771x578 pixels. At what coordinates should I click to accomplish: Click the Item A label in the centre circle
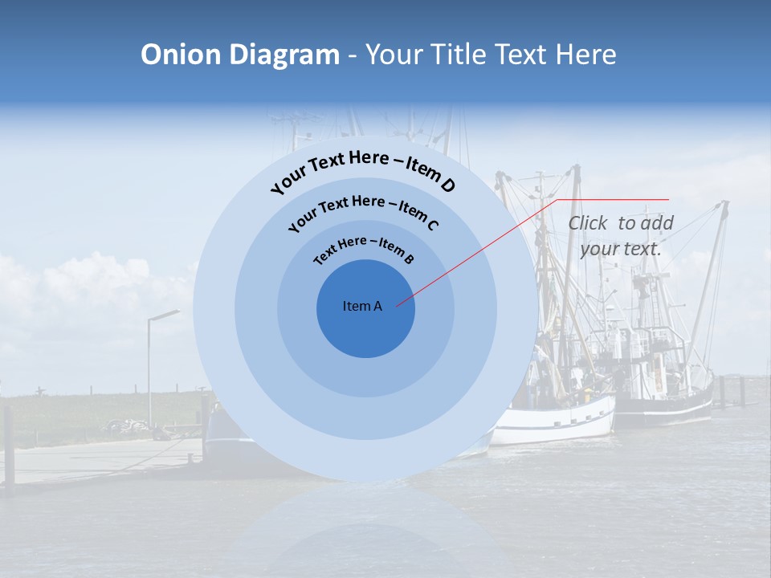[x=362, y=306]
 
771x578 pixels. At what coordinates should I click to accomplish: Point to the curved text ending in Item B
[x=364, y=249]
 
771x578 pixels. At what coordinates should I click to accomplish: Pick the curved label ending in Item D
[x=363, y=170]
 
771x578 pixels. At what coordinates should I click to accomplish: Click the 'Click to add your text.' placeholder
[x=621, y=236]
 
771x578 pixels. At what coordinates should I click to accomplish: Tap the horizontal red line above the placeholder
[x=612, y=199]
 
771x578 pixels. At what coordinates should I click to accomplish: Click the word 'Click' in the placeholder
[x=589, y=223]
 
